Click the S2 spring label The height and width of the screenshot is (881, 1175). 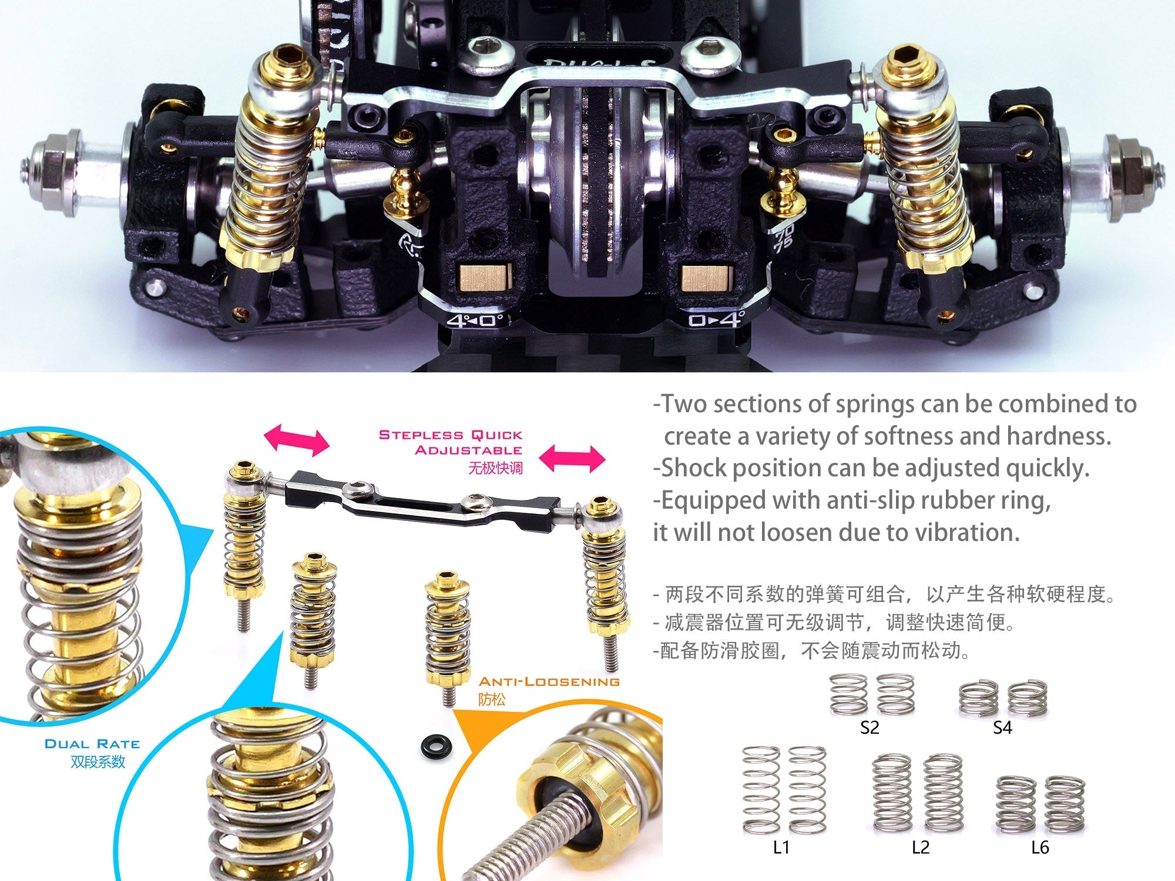coord(869,728)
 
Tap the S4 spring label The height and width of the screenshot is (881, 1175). coord(1002,728)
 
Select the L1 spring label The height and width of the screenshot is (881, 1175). coord(781,848)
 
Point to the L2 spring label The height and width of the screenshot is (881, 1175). coord(921,848)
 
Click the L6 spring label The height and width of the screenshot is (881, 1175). coord(1040,848)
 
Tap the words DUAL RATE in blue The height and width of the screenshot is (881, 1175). coord(92,744)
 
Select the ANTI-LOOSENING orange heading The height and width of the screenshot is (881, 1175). coord(549,682)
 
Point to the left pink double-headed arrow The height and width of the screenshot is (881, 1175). coord(297,442)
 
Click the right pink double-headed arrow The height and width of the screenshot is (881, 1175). coord(572,459)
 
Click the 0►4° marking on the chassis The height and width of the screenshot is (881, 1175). coord(716,320)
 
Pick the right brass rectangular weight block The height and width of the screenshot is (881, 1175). coord(707,278)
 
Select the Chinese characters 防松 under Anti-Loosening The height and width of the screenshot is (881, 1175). coord(492,700)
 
